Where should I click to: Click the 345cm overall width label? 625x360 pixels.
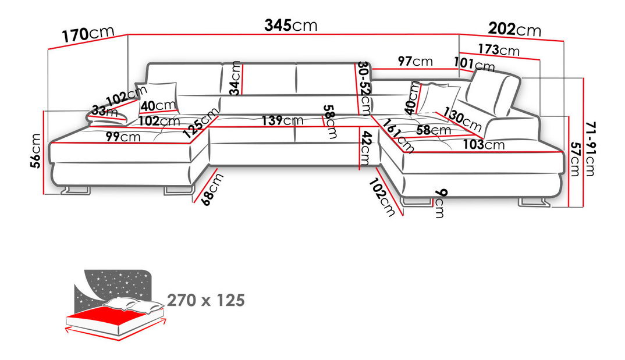click(291, 25)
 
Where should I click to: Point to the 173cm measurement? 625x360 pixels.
click(499, 49)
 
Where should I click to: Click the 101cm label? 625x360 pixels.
click(474, 64)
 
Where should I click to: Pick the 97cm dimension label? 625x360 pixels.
click(416, 61)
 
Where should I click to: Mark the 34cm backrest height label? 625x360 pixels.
click(235, 79)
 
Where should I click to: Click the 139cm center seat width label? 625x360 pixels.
click(282, 120)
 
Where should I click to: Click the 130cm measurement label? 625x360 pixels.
click(463, 119)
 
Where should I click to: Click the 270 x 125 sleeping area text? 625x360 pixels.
click(205, 301)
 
